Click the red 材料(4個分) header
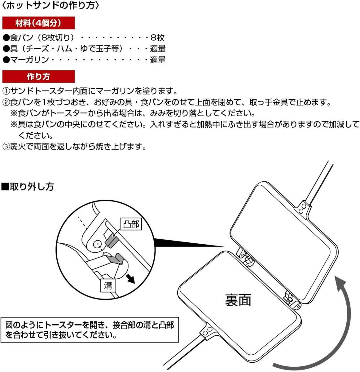tap(38, 23)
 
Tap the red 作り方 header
tap(38, 77)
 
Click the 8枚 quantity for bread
tap(157, 38)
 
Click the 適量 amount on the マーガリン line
tap(158, 60)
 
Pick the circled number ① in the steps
tap(6, 91)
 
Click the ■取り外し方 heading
tap(28, 187)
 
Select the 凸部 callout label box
tap(131, 224)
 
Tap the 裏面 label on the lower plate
tap(238, 300)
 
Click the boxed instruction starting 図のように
tap(90, 330)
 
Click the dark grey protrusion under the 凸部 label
tap(111, 240)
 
